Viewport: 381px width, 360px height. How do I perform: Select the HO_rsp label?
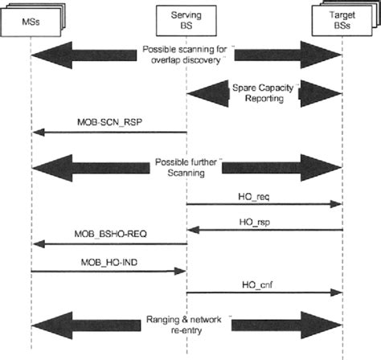click(x=264, y=221)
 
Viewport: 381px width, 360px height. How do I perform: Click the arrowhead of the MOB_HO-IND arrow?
click(x=182, y=271)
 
